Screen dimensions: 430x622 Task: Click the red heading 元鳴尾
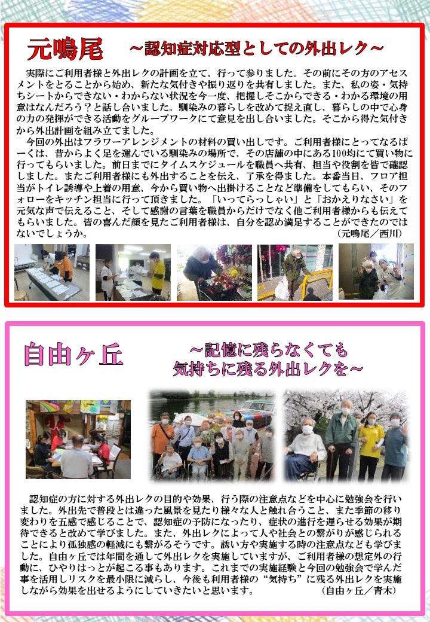(x=65, y=48)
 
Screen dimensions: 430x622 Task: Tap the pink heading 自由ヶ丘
(x=73, y=354)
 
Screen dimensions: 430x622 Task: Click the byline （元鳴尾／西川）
(x=370, y=233)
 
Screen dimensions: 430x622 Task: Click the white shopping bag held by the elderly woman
(x=282, y=288)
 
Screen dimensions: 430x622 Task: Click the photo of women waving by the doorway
(x=376, y=272)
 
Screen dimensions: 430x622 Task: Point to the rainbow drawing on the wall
(x=49, y=407)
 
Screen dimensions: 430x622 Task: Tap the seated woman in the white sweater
(x=304, y=448)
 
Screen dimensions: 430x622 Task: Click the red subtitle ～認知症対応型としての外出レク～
(x=257, y=48)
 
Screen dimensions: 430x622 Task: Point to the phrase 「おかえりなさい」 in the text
(x=355, y=199)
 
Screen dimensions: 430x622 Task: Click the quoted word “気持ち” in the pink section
(x=282, y=579)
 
